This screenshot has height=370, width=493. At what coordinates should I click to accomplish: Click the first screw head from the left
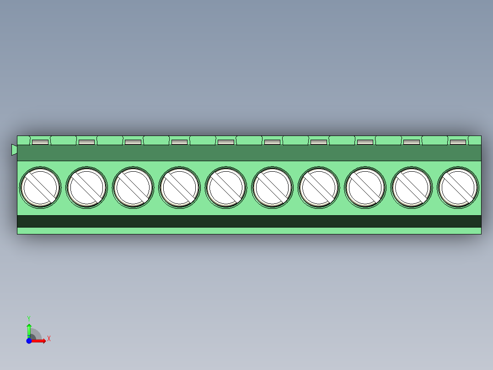[x=40, y=188]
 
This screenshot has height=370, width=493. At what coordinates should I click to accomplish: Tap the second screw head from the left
[x=86, y=188]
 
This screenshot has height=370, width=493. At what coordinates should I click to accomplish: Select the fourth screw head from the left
[x=179, y=188]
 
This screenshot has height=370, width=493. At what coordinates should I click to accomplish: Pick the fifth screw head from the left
[x=226, y=188]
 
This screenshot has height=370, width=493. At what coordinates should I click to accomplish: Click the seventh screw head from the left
[x=319, y=188]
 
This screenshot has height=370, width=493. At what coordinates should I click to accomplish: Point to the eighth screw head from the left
[x=365, y=188]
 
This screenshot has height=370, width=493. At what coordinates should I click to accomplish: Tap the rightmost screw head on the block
[x=458, y=188]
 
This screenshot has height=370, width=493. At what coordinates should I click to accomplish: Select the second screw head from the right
[x=412, y=188]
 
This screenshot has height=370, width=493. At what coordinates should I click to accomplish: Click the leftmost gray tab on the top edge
[x=40, y=142]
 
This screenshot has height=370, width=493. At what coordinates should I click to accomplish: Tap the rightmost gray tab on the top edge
[x=458, y=142]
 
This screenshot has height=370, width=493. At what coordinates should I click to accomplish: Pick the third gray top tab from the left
[x=133, y=142]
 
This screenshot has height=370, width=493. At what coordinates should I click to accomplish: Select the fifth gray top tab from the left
[x=226, y=142]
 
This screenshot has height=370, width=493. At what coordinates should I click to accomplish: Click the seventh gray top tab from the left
[x=319, y=142]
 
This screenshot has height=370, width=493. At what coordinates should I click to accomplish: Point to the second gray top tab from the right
[x=412, y=142]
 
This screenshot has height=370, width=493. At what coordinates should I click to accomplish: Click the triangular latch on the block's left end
[x=14, y=150]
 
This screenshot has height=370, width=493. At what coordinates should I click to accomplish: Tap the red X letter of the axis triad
[x=49, y=339]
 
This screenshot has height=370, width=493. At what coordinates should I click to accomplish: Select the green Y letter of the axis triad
[x=29, y=318]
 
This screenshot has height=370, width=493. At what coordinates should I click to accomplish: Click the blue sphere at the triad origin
[x=29, y=341]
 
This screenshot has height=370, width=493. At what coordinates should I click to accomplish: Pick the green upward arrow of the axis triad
[x=29, y=329]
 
